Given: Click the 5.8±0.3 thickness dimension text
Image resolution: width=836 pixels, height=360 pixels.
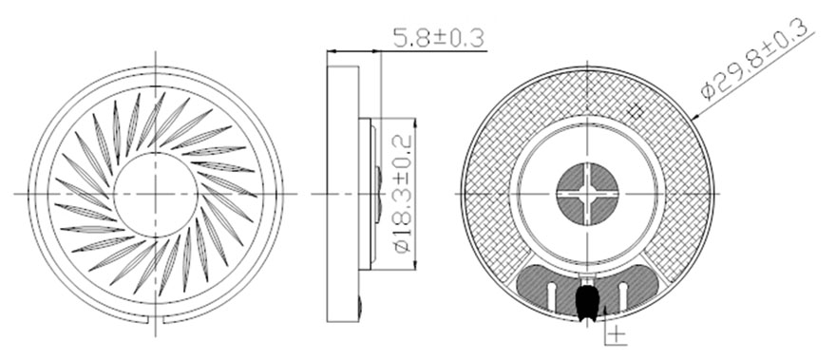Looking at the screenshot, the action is [x=438, y=38].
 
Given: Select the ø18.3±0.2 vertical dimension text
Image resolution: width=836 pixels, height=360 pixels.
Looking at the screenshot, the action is [x=403, y=193].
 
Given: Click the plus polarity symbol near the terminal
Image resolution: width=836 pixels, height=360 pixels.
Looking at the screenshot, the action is [x=617, y=333].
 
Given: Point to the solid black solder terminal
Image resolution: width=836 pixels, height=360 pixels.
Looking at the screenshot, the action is [x=585, y=302].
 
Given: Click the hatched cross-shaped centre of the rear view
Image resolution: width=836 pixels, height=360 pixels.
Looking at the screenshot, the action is [x=587, y=193].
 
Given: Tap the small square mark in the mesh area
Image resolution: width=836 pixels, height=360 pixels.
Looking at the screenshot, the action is [x=635, y=111].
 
